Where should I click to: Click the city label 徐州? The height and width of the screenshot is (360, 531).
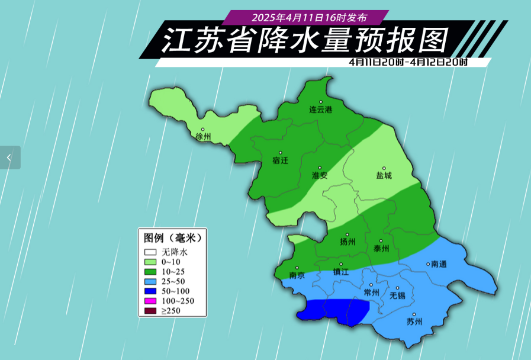[202, 137]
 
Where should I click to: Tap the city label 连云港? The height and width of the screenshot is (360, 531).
[321, 110]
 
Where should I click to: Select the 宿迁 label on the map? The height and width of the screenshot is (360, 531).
[280, 160]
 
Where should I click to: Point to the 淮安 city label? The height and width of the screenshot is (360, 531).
[320, 175]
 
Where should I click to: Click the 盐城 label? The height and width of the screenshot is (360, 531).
[384, 175]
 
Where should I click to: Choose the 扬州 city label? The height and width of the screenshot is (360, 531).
[347, 242]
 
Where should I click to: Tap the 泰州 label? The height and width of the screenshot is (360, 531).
[381, 249]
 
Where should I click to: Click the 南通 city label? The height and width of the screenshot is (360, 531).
[439, 263]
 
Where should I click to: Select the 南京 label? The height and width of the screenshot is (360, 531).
[297, 275]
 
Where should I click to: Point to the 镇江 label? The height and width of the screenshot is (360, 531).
[341, 272]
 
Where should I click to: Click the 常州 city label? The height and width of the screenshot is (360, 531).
[371, 292]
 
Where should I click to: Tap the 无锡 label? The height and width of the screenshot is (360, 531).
[397, 295]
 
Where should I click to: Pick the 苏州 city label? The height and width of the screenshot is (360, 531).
[415, 322]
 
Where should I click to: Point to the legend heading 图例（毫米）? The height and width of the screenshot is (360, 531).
[172, 238]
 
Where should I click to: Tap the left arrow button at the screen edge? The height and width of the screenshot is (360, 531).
[9, 157]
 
